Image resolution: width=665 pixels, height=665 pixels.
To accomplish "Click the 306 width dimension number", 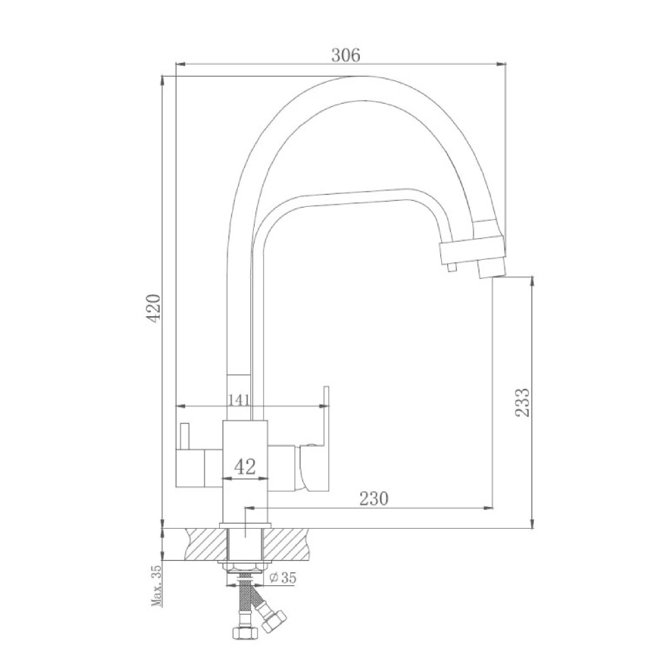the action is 345,55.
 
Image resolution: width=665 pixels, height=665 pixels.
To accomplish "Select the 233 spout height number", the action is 522,402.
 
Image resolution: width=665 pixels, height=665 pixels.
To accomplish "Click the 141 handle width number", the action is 239,400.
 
